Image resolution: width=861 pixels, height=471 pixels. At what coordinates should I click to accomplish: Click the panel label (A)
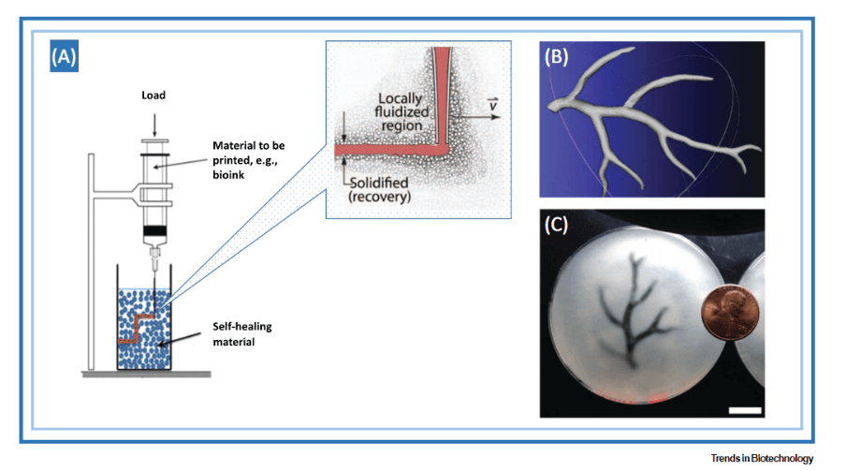[64, 58]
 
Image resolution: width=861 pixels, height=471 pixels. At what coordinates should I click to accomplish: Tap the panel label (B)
[558, 56]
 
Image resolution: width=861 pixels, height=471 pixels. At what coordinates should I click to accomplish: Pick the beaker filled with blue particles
[155, 323]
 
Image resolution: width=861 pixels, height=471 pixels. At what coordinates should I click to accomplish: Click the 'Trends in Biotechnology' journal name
[762, 458]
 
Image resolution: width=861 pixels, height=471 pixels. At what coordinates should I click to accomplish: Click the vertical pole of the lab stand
[92, 262]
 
